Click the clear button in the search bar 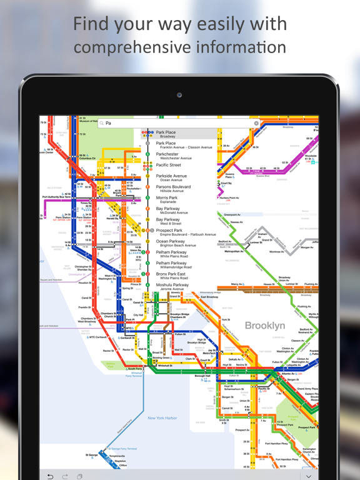pyautogui.click(x=256, y=123)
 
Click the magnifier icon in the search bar pyautogui.click(x=101, y=124)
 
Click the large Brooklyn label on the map pyautogui.click(x=265, y=326)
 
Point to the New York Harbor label pyautogui.click(x=162, y=418)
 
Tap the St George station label pyautogui.click(x=92, y=455)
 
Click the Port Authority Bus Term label pyautogui.click(x=58, y=197)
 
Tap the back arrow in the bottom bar pyautogui.click(x=51, y=476)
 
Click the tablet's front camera pyautogui.click(x=179, y=95)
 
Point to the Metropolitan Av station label pyautogui.click(x=234, y=252)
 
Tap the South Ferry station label pyautogui.click(x=134, y=369)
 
